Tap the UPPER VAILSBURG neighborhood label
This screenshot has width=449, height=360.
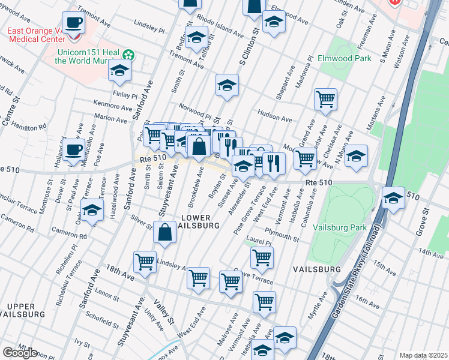click(22, 310)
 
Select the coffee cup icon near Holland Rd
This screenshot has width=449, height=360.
click(74, 149)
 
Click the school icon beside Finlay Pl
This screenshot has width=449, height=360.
click(119, 71)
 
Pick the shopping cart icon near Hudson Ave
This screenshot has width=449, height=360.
click(325, 99)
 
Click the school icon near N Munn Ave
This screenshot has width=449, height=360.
click(356, 156)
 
